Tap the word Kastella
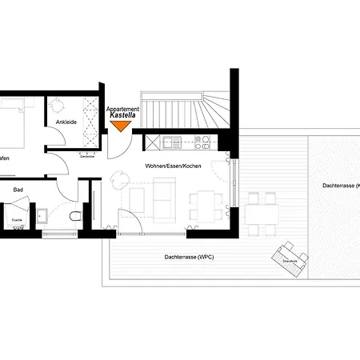pyautogui.click(x=122, y=116)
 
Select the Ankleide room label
pyautogui.click(x=66, y=122)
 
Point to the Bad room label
pyautogui.click(x=18, y=190)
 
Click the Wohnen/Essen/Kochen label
pyautogui.click(x=173, y=166)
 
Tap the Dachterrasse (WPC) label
pyautogui.click(x=188, y=256)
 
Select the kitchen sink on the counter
pyautogui.click(x=171, y=144)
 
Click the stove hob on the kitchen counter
pyautogui.click(x=203, y=144)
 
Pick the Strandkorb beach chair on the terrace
pyautogui.click(x=289, y=260)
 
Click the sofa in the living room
pyautogui.click(x=165, y=199)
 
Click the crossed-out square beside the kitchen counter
pyautogui.click(x=151, y=144)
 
